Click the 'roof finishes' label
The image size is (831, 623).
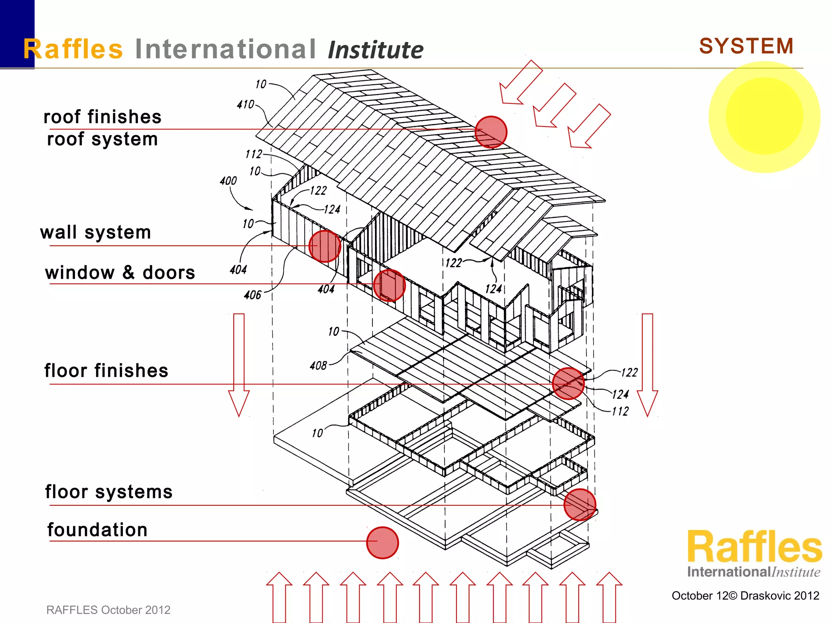click(102, 117)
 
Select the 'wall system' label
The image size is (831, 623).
click(95, 232)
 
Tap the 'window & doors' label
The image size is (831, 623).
click(120, 273)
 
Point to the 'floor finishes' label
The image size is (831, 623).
click(106, 371)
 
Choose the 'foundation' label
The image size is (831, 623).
click(97, 530)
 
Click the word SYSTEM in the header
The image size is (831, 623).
click(746, 46)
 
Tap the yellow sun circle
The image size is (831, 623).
click(764, 117)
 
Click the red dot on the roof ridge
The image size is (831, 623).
click(491, 132)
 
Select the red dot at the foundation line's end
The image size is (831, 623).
click(382, 543)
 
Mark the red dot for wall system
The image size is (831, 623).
click(325, 246)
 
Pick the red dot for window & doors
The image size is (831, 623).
click(389, 286)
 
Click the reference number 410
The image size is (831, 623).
click(245, 105)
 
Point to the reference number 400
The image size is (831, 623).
click(228, 181)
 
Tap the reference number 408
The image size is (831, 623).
click(318, 366)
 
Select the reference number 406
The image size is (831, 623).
click(252, 295)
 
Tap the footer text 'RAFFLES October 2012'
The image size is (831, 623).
click(108, 610)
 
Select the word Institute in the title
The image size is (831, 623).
click(375, 50)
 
